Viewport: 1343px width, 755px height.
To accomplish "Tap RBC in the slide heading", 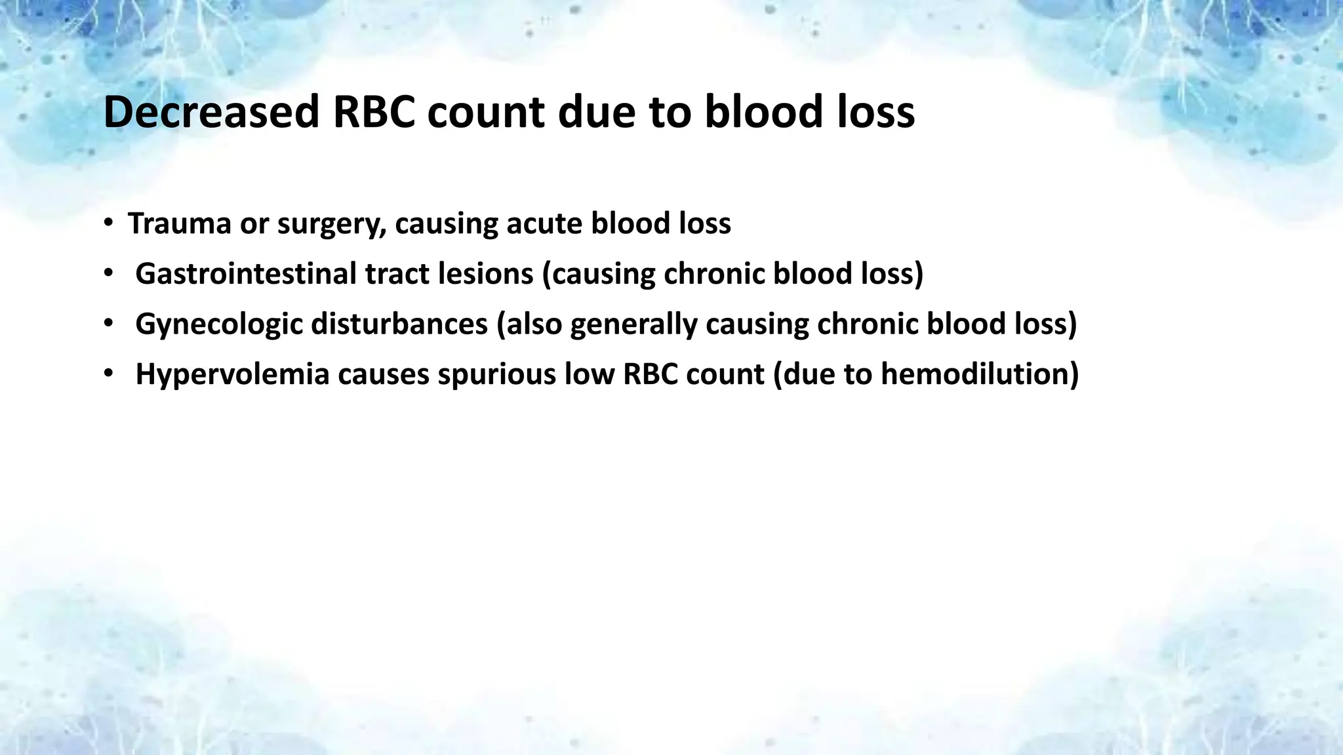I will (374, 112).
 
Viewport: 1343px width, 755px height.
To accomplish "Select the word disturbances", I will (399, 324).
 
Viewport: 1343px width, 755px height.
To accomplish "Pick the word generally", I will (633, 324).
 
